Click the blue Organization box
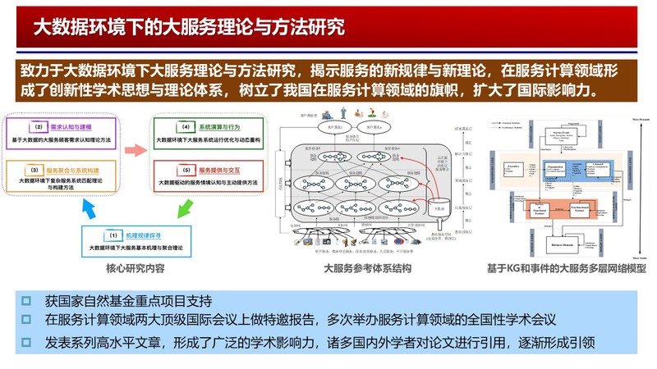coord(560,173)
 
